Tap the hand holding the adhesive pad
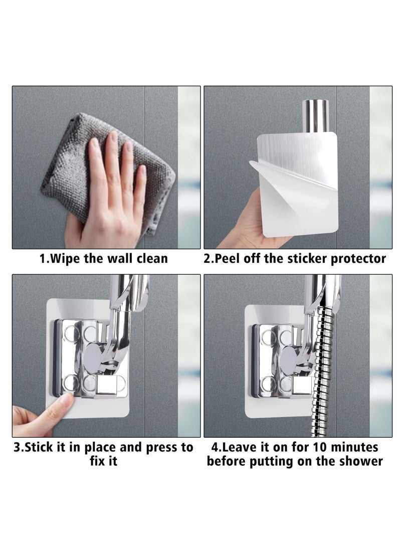246,226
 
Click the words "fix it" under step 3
103,461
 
